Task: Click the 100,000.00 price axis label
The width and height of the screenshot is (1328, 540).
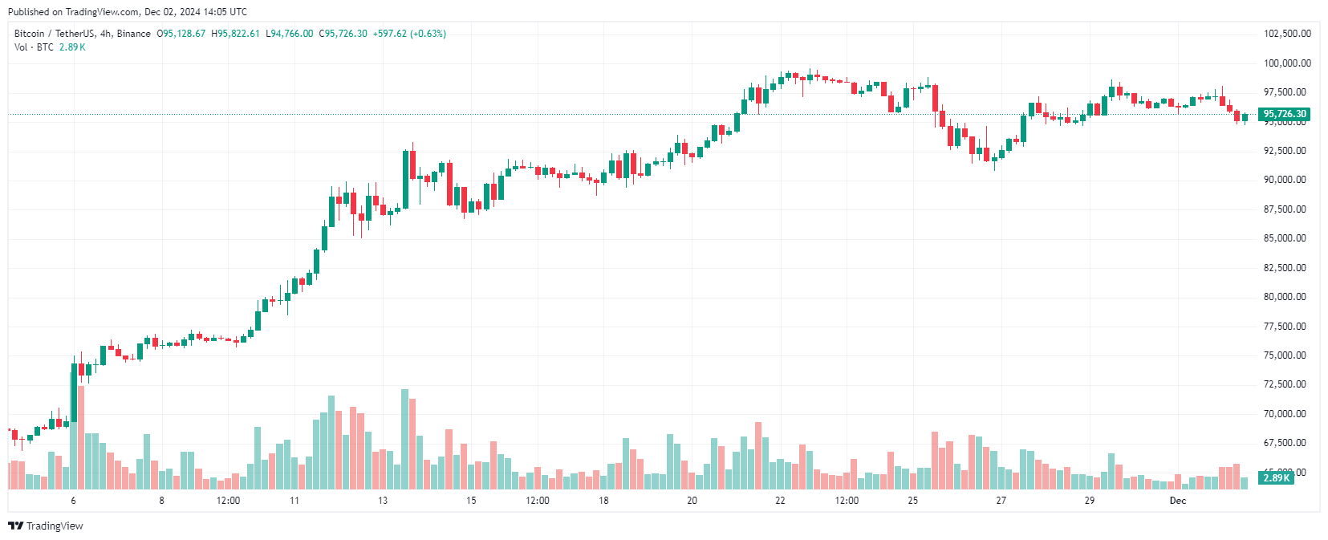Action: (x=1287, y=63)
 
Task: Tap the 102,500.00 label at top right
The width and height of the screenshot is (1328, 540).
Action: (x=1287, y=34)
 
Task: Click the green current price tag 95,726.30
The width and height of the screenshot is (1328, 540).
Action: (x=1284, y=114)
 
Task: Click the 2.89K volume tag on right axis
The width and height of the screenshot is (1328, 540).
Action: (x=1276, y=478)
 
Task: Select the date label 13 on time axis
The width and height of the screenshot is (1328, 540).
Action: (x=383, y=501)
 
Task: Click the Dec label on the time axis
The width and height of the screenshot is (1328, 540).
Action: (x=1177, y=501)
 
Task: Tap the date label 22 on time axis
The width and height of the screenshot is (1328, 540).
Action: (x=780, y=501)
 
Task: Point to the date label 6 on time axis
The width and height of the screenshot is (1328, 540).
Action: (x=73, y=501)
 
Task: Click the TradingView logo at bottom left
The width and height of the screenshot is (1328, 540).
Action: (x=46, y=526)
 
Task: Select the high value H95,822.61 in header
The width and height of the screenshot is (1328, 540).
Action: (x=235, y=34)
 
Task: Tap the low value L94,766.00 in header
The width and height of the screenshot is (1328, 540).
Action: (x=290, y=34)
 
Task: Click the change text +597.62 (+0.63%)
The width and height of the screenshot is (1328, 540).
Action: (x=409, y=34)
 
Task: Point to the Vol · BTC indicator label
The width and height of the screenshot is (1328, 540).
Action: (x=34, y=47)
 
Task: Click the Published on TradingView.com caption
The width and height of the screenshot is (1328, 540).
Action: (x=127, y=12)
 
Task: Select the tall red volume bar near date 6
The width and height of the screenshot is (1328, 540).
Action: (x=81, y=437)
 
